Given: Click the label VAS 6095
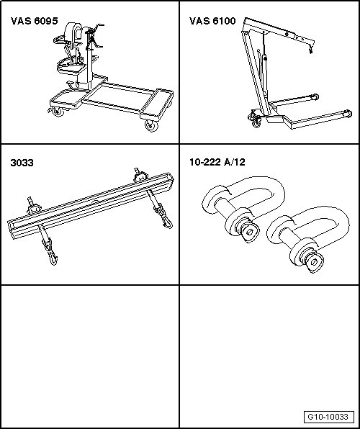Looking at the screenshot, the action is [35, 21].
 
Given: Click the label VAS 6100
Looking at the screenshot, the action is [212, 21].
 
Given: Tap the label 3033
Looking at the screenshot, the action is [22, 163].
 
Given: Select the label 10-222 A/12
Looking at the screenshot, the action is [217, 162].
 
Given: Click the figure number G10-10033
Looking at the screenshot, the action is [328, 417].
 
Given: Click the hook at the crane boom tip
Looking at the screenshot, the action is [311, 50].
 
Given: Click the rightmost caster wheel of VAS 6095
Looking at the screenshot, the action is [152, 126].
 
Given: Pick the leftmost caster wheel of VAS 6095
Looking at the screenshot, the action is [58, 112].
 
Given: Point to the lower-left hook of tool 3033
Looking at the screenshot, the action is [53, 255].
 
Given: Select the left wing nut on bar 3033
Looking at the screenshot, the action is [33, 206].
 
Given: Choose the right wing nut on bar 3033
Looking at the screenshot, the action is [140, 176].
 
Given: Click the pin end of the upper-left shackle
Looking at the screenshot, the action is [250, 232].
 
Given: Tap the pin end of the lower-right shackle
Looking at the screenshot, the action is [315, 263].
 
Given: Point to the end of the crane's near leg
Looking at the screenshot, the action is [348, 114].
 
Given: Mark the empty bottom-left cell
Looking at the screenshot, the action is [90, 356].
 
